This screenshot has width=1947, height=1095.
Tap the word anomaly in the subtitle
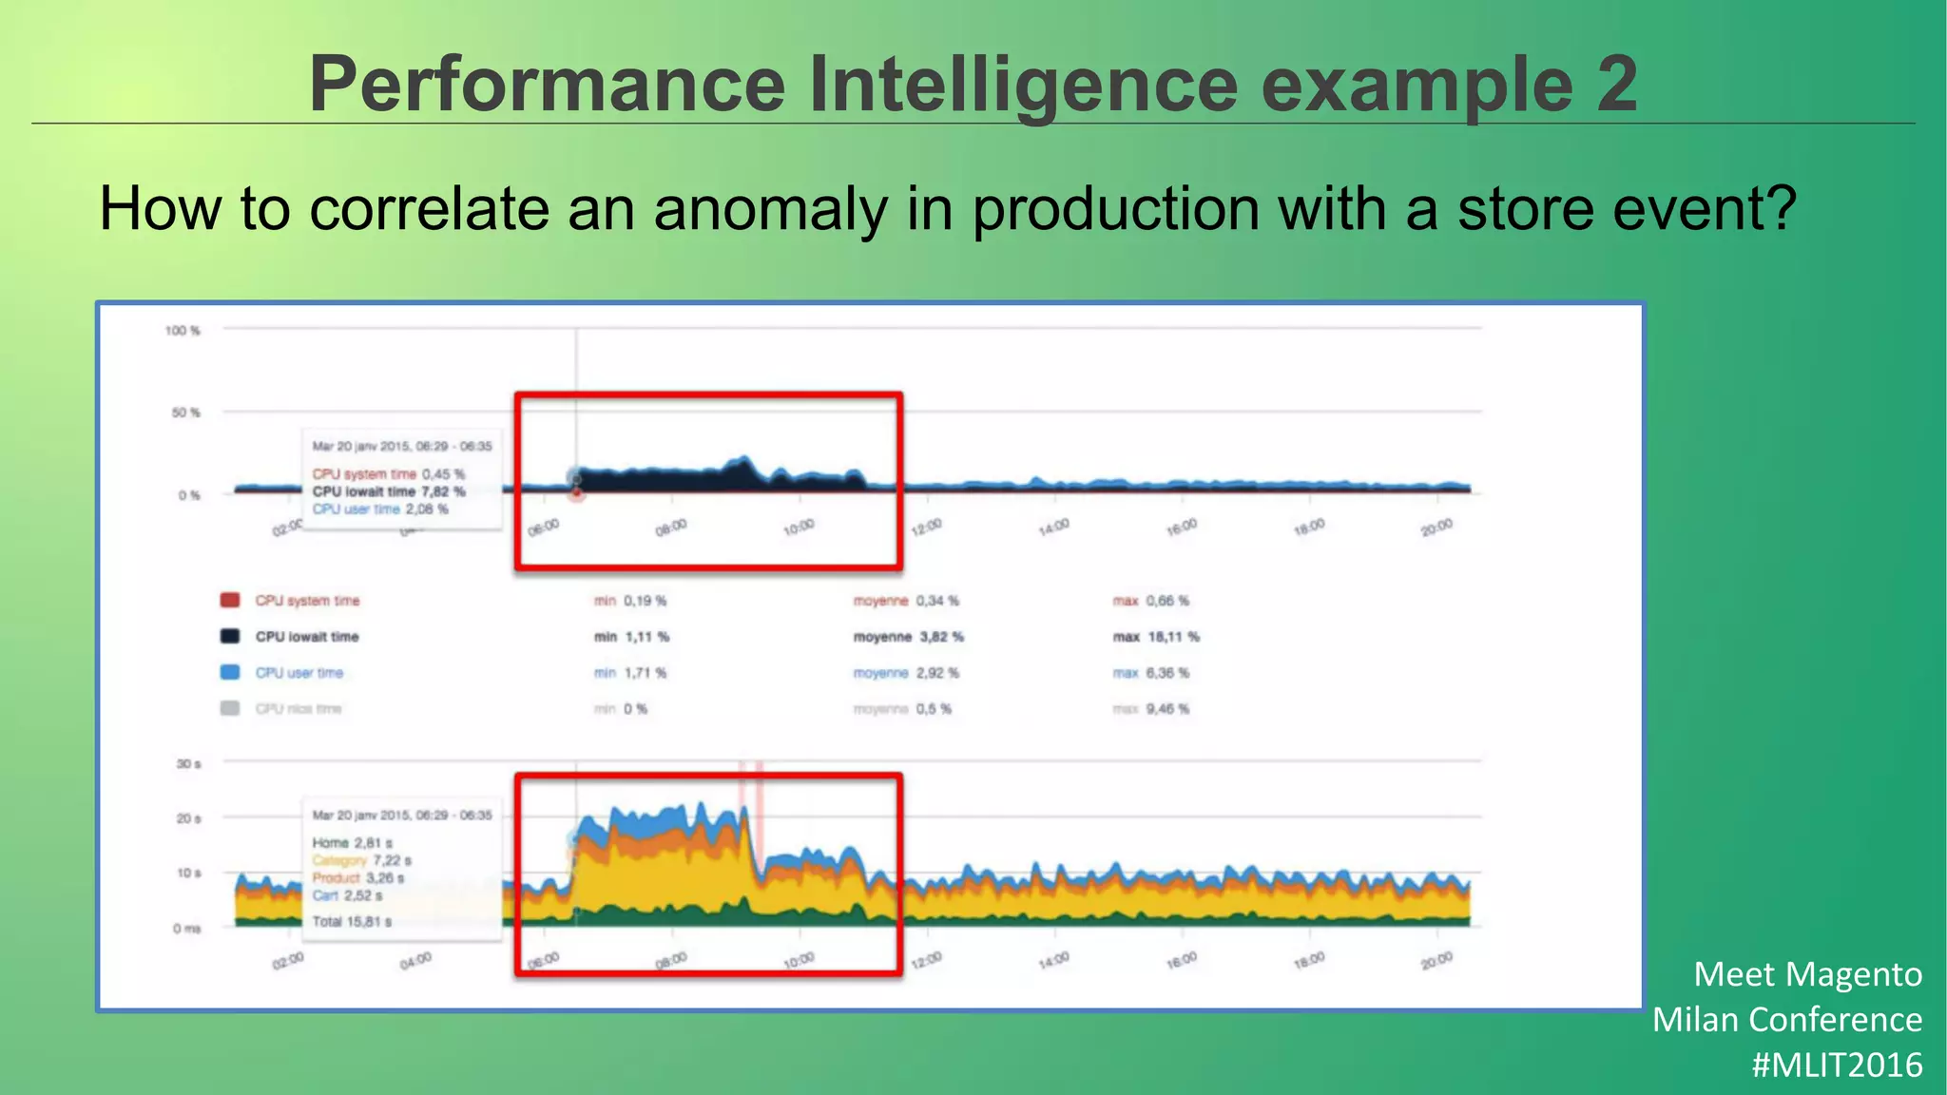pos(771,209)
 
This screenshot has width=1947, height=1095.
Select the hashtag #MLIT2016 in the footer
pos(1837,1065)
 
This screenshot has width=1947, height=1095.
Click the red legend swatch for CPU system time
pos(230,601)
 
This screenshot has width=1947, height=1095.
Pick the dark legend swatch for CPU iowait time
pos(230,637)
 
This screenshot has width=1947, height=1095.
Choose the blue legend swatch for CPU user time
pos(230,673)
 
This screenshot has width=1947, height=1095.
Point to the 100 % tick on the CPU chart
pos(183,331)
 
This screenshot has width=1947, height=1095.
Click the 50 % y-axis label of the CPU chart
pos(185,413)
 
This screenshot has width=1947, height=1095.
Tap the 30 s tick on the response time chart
pos(188,764)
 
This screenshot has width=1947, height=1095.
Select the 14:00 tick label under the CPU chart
pos(1053,527)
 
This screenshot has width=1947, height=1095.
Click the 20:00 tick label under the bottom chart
pos(1436,961)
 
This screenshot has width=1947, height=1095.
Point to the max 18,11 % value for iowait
pos(1156,637)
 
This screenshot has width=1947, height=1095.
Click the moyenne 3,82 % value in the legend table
pos(908,637)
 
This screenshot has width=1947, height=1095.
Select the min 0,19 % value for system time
pos(630,601)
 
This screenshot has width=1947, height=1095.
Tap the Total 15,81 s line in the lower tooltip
pos(352,922)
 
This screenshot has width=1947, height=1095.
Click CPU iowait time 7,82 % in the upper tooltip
pos(389,491)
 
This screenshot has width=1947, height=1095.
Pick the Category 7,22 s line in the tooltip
pos(361,860)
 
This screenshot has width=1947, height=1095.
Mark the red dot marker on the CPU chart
pos(577,492)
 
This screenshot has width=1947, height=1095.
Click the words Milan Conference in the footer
pos(1787,1020)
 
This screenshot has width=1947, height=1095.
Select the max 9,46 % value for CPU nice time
pos(1150,709)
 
